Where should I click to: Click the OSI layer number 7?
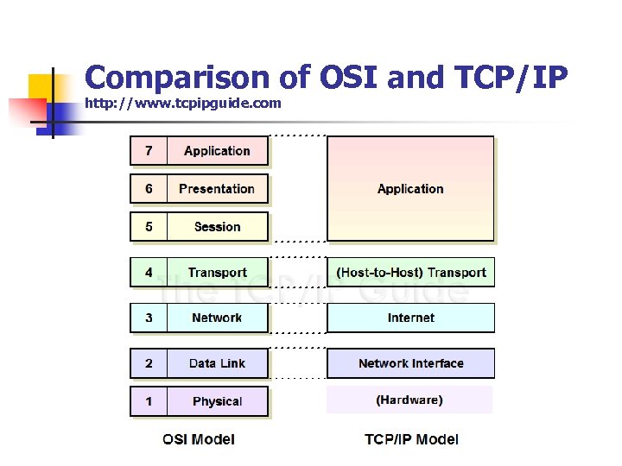pos(149,151)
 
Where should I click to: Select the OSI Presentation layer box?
pos(217,189)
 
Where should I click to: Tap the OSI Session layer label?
pos(217,227)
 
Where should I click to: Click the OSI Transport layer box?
pos(217,273)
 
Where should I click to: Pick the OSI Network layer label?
pos(217,318)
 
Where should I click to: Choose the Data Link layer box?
pos(217,363)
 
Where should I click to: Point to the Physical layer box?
pos(217,401)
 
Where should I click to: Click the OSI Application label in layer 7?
pos(217,151)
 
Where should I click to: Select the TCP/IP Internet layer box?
pos(410,318)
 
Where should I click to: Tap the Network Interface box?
pos(410,363)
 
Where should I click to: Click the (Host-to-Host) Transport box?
pos(410,273)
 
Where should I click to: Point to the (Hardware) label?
pos(409,400)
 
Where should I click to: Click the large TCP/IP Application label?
pos(410,189)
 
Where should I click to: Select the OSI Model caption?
pos(199,439)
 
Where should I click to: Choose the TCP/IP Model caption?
pos(411,439)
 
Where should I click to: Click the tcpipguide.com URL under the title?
pos(183,104)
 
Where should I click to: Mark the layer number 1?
pos(149,401)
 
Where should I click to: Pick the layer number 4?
pos(149,273)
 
